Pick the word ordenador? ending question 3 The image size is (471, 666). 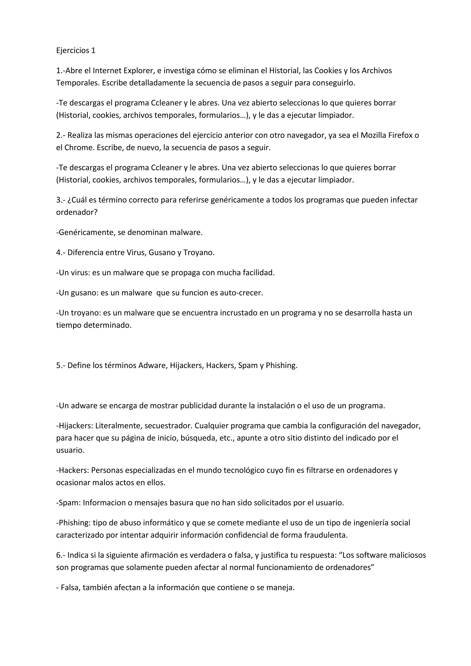77,212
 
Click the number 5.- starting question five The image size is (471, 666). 61,365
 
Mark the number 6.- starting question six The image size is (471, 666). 61,555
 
